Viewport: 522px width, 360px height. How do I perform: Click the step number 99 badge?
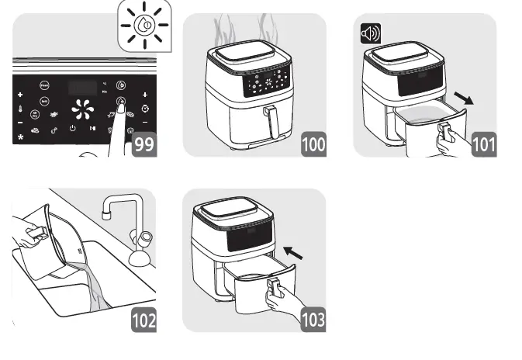click(x=143, y=145)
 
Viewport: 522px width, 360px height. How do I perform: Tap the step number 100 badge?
click(x=314, y=145)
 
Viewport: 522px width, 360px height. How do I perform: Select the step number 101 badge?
click(x=484, y=145)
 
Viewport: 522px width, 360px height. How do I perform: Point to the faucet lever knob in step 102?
click(x=146, y=237)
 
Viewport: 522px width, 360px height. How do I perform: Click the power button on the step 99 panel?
click(x=72, y=130)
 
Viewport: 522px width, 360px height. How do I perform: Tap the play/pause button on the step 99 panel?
click(x=92, y=130)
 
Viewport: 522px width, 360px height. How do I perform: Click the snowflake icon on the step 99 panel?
click(x=19, y=137)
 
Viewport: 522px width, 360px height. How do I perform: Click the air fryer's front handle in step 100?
click(x=271, y=123)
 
